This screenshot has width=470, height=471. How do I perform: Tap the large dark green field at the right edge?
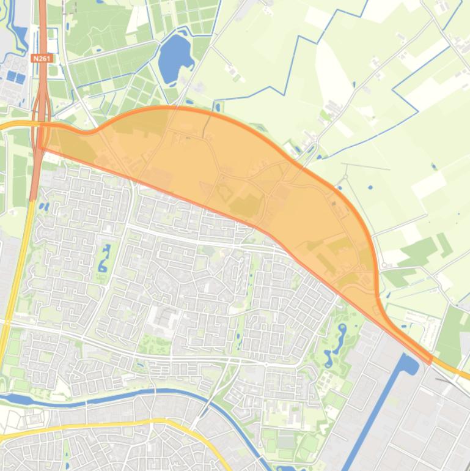point(455,333)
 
